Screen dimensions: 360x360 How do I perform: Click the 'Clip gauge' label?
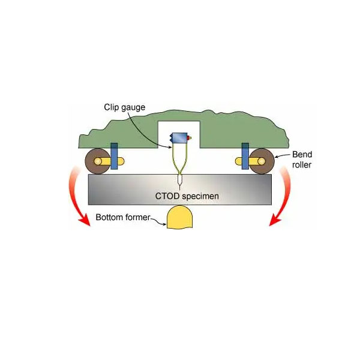(x=124, y=107)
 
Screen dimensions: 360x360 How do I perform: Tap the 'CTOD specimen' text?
(x=180, y=196)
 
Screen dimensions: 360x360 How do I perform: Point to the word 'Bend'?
(x=299, y=154)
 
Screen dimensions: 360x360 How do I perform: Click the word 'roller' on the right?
(x=300, y=164)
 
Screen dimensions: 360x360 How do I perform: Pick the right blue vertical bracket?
(x=245, y=156)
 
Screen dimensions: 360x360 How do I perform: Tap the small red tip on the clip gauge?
(x=190, y=139)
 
